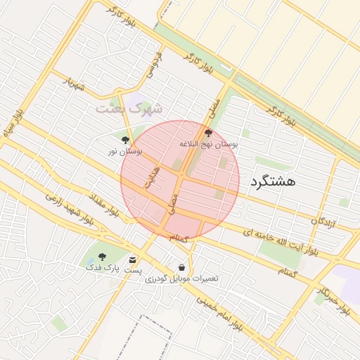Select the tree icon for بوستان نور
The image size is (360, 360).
coord(125,139)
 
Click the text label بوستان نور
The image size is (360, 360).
coord(125,150)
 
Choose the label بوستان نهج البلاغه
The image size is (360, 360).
coord(209,143)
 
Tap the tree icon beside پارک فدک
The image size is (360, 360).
coord(103,257)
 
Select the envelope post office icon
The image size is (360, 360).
coord(132,260)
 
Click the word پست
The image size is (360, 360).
coord(133,270)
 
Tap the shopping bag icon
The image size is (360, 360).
coord(182,268)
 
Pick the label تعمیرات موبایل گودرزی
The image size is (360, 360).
coord(182,278)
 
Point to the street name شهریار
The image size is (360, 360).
coord(74,84)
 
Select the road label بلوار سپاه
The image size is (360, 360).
coord(13,124)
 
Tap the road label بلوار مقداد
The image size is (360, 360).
coord(103,204)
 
